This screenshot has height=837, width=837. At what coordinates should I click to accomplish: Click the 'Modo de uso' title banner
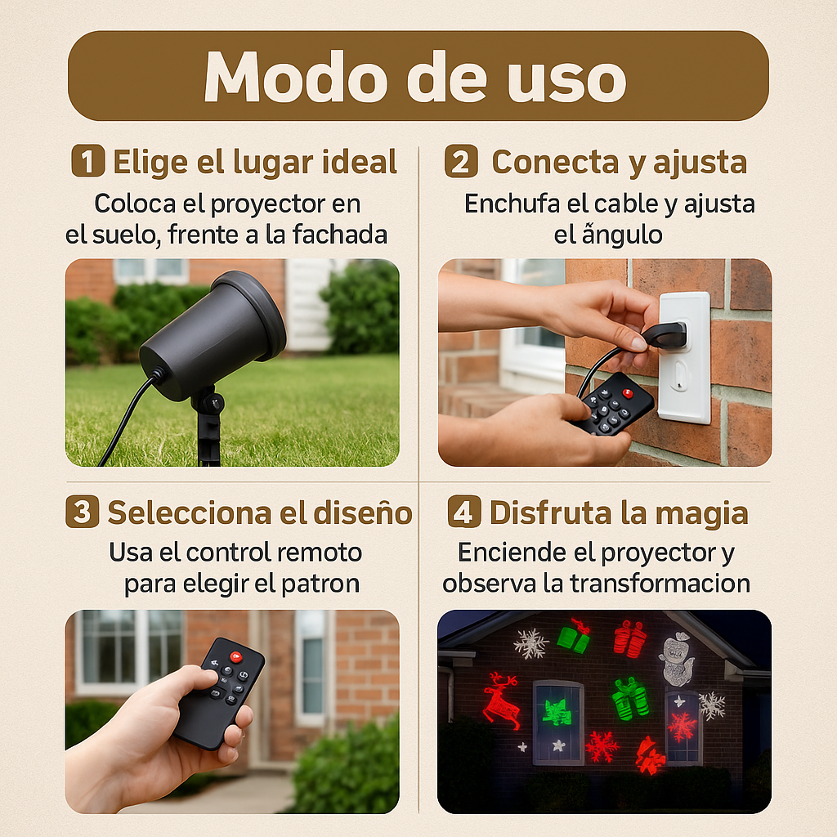(418, 76)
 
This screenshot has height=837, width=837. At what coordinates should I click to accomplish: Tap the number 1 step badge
(87, 161)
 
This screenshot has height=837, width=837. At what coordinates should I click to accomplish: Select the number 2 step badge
(461, 161)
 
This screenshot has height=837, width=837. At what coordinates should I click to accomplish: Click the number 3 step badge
(82, 512)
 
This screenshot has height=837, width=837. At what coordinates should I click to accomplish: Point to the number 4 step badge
(464, 512)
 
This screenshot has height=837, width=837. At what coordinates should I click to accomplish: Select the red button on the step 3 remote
(235, 656)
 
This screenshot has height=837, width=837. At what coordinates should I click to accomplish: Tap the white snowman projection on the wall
(677, 659)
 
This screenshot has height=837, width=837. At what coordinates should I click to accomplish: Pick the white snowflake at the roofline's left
(530, 643)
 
